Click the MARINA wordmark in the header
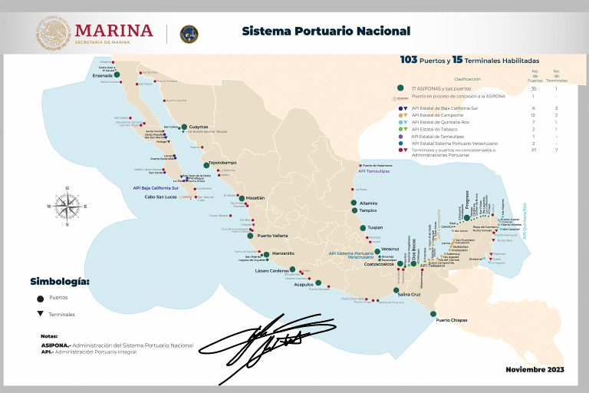pos(114,30)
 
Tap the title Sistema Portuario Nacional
pos(326,31)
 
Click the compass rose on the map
pos(67,204)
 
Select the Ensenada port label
pos(103,76)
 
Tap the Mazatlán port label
pos(255,197)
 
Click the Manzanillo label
pos(283,253)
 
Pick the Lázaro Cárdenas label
pos(271,271)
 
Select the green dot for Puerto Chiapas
pos(433,313)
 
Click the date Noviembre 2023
pos(534,369)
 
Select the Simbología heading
pos(59,281)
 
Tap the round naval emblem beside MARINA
pos(189,34)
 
